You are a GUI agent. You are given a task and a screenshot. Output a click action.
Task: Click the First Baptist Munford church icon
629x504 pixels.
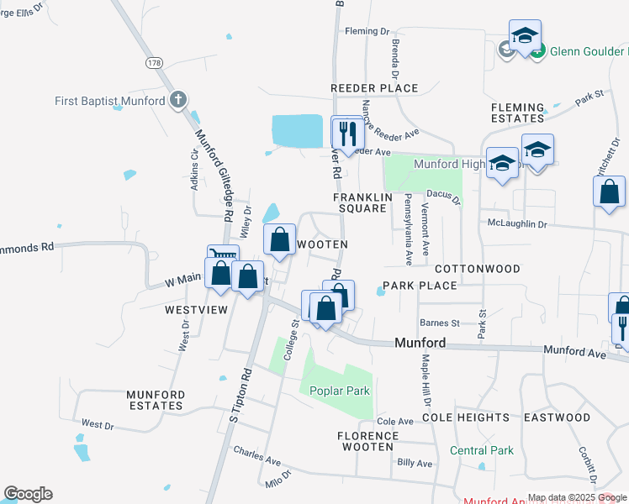(x=177, y=101)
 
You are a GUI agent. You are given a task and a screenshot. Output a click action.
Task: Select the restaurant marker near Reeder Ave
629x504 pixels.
(x=346, y=132)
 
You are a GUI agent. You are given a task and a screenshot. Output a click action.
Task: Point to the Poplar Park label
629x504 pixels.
(x=340, y=391)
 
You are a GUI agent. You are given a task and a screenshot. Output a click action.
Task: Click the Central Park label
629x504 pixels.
(x=481, y=451)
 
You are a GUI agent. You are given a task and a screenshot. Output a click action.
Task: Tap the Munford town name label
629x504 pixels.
(x=420, y=344)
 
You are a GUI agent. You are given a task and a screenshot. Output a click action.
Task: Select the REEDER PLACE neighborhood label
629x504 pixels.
(x=374, y=88)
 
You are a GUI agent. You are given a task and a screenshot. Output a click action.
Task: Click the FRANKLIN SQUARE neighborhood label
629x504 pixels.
(x=363, y=202)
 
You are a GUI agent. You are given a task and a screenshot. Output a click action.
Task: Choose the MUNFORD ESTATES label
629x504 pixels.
(x=155, y=400)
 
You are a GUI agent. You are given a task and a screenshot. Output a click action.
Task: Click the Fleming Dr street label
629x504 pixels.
(x=367, y=32)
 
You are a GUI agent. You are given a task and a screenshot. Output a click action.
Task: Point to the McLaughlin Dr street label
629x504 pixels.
(x=517, y=224)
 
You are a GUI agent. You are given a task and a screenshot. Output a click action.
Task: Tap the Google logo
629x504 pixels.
(x=28, y=494)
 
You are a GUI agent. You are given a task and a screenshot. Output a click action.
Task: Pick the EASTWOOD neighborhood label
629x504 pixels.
(x=557, y=417)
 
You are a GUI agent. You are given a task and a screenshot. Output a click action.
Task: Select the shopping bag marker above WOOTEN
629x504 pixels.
(x=279, y=239)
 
